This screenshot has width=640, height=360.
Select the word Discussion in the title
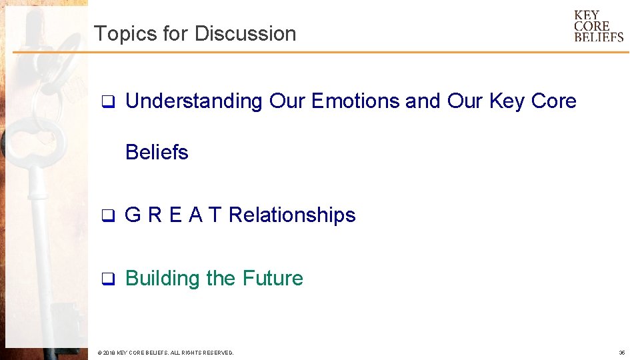[245, 33]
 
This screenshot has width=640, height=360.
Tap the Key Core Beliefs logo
[598, 26]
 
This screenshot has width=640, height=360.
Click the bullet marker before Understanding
[105, 102]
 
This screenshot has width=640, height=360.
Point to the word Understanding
[194, 101]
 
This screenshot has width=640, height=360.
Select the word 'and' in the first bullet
[423, 101]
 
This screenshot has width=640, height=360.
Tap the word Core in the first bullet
[553, 101]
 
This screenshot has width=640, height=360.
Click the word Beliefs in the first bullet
[157, 152]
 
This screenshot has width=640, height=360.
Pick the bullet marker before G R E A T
[105, 216]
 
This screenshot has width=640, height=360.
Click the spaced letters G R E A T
[173, 215]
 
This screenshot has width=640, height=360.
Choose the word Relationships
[292, 215]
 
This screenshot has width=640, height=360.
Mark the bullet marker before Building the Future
[105, 279]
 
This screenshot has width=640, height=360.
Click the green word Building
[163, 278]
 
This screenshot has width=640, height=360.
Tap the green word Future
[273, 278]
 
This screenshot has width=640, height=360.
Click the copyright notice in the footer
[165, 352]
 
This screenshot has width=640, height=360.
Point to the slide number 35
[621, 352]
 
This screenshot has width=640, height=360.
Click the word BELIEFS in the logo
[599, 37]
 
